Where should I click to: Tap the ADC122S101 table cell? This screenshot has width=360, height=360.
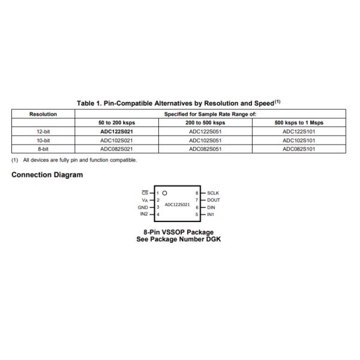[299, 131]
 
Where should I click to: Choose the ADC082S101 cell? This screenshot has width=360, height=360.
[299, 148]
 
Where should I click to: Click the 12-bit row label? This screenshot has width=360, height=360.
[43, 131]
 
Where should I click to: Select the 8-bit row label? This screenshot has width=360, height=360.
[43, 148]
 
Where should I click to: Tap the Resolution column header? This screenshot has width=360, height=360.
[43, 113]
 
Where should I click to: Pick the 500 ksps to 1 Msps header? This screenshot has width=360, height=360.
[299, 122]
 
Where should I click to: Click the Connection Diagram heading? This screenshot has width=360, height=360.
[47, 175]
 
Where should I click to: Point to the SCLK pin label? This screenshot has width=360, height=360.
[213, 193]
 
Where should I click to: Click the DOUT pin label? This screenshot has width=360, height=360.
[214, 200]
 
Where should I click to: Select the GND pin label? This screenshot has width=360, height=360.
[143, 207]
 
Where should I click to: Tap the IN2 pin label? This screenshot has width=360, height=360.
[144, 214]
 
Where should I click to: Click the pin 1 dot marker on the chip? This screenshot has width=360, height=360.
[164, 193]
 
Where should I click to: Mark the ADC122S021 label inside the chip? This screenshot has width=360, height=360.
[177, 204]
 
